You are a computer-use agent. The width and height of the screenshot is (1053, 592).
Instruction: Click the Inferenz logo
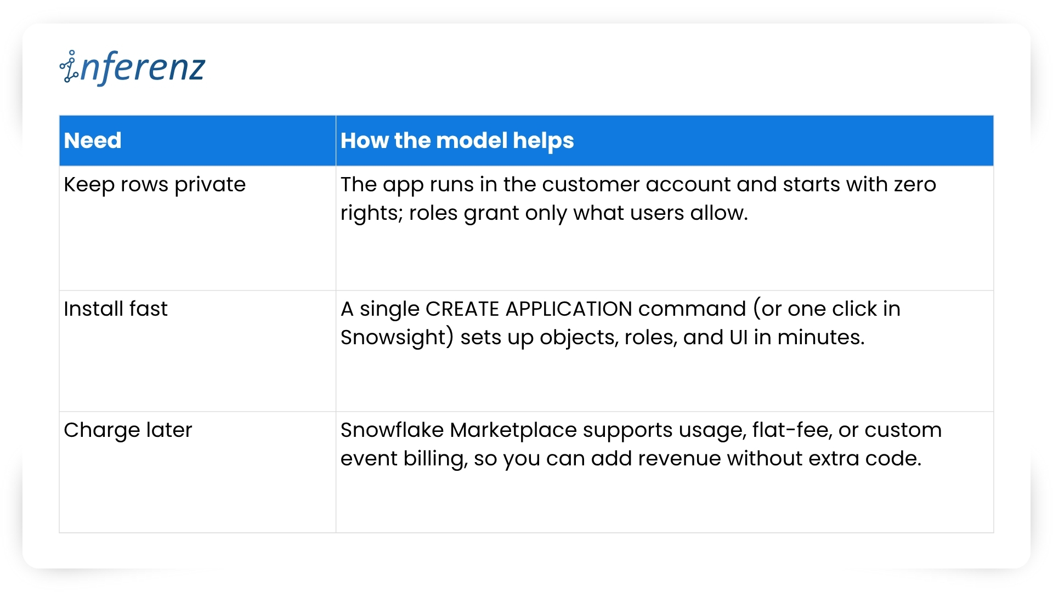(132, 67)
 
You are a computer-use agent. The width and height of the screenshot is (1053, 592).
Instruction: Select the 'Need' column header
(93, 140)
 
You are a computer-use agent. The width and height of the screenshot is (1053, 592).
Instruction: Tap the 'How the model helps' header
(457, 141)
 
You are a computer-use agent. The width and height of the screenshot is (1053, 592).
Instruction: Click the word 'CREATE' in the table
(462, 309)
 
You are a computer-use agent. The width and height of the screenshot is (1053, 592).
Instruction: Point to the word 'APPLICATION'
(569, 309)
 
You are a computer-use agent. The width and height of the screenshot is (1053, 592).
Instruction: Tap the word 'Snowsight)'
(397, 338)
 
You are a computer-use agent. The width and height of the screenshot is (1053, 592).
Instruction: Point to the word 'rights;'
(372, 213)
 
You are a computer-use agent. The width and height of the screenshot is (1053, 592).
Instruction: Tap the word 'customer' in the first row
(591, 185)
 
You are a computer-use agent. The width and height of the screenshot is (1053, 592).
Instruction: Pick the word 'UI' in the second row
(739, 338)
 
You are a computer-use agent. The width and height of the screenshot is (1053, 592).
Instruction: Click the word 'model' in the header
(472, 140)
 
